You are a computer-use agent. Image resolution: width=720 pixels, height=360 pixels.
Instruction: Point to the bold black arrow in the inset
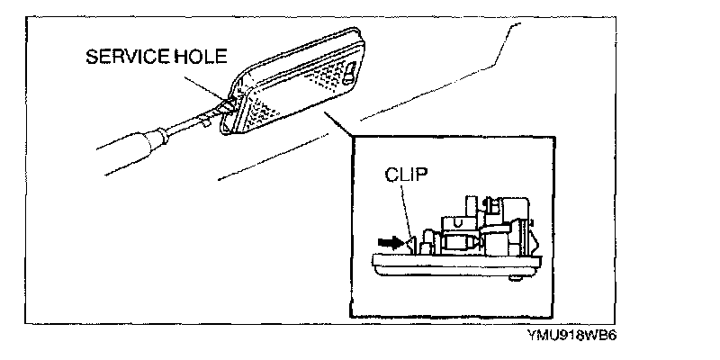(391, 241)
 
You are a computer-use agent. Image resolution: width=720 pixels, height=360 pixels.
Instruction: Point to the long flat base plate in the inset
(459, 265)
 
